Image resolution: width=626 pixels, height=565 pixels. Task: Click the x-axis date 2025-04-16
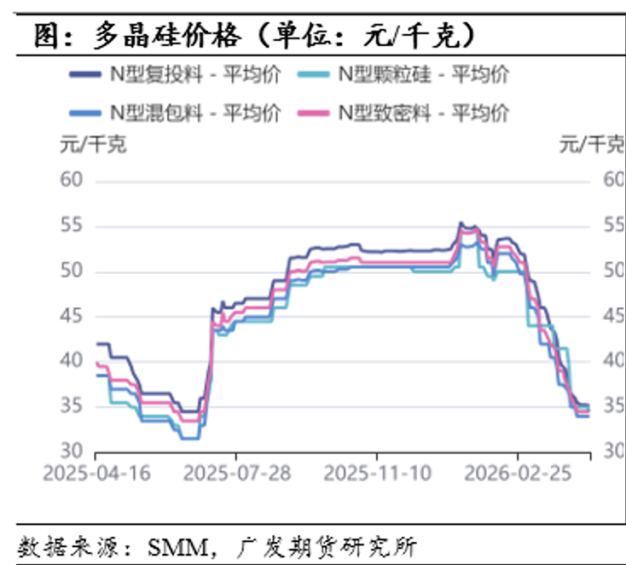tap(96, 474)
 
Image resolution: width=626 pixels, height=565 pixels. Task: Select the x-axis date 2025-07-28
tap(235, 474)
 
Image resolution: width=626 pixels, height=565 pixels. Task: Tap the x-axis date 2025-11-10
tap(375, 474)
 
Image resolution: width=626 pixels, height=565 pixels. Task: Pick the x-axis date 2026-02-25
tap(517, 474)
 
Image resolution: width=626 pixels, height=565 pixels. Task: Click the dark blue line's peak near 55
tap(461, 223)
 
